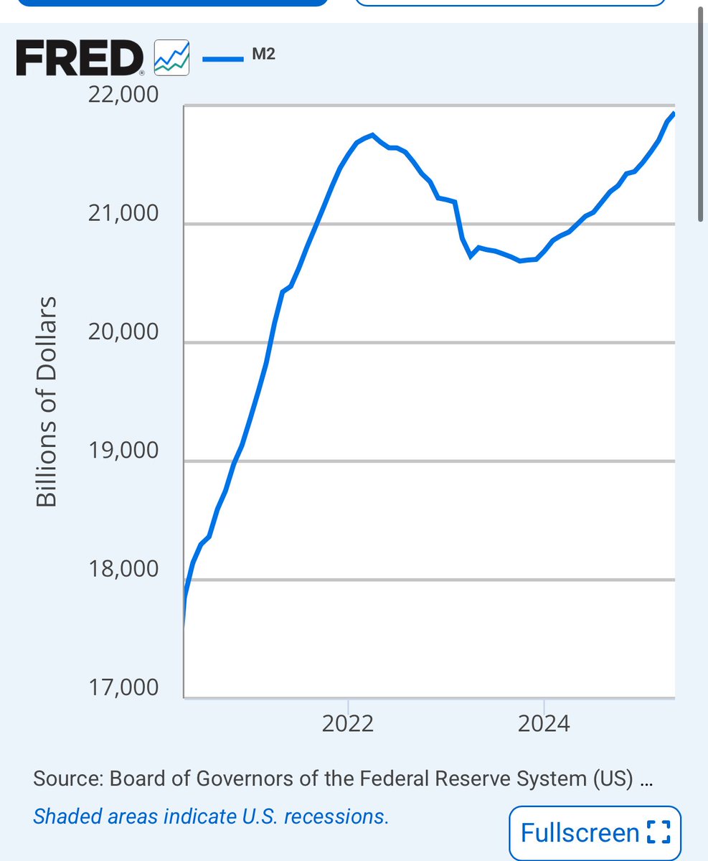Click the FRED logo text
pyautogui.click(x=79, y=58)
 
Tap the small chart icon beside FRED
pyautogui.click(x=172, y=57)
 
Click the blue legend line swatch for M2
pyautogui.click(x=223, y=59)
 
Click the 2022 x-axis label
pyautogui.click(x=348, y=723)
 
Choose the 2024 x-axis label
pyautogui.click(x=544, y=723)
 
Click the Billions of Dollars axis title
pyautogui.click(x=46, y=401)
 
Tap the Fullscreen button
pyautogui.click(x=594, y=833)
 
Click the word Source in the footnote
pyautogui.click(x=67, y=781)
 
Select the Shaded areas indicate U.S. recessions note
pyautogui.click(x=211, y=817)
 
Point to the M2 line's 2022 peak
pyautogui.click(x=372, y=134)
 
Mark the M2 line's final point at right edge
pyautogui.click(x=674, y=113)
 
